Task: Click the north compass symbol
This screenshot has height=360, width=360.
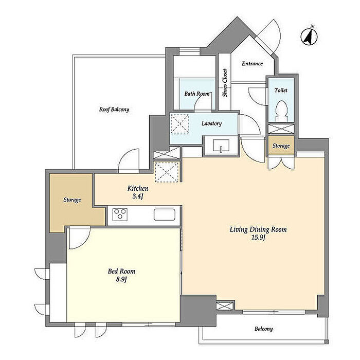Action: [309, 37]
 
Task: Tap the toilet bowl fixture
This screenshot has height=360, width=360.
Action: [281, 111]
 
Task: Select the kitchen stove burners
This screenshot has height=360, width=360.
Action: [120, 214]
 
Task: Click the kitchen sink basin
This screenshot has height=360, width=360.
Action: [165, 214]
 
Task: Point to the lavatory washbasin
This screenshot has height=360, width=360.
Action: [221, 146]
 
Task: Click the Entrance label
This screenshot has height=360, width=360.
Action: [253, 64]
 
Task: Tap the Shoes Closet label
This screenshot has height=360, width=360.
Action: [225, 83]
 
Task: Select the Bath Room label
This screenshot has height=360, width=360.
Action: [197, 94]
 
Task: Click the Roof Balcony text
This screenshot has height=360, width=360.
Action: [114, 109]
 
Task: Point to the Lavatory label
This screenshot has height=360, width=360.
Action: [212, 123]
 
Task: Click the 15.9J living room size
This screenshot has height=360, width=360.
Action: [258, 238]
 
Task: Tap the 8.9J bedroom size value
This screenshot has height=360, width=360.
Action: [121, 279]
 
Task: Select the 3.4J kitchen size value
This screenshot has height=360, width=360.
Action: [138, 196]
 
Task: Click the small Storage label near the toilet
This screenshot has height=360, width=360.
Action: [281, 146]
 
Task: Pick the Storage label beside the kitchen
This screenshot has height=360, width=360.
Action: [72, 200]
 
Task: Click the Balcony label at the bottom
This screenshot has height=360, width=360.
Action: [263, 329]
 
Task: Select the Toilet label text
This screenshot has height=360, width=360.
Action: [281, 91]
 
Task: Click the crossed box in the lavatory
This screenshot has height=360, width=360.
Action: [180, 124]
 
